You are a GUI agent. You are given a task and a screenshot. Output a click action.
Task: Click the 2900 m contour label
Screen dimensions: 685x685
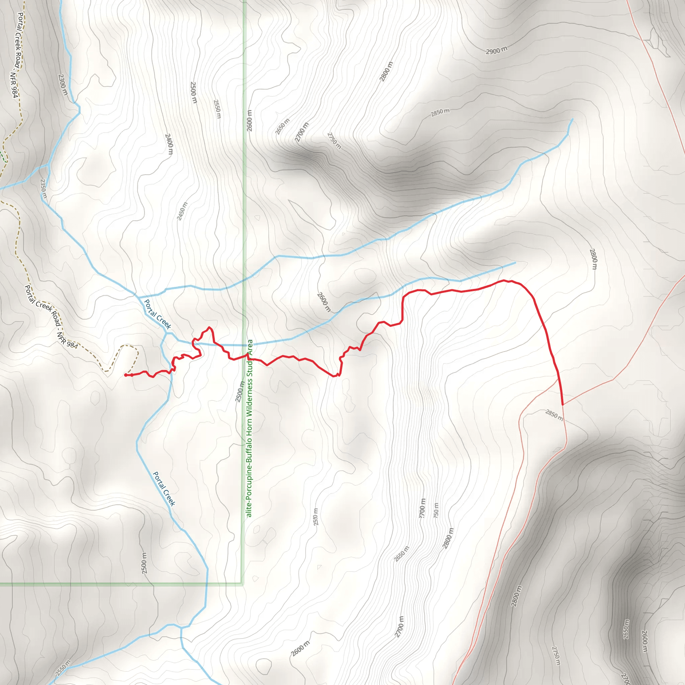click(496, 51)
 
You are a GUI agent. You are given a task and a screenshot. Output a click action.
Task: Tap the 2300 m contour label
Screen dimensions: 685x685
click(63, 84)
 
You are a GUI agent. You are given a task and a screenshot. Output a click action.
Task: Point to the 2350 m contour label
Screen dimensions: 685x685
click(43, 189)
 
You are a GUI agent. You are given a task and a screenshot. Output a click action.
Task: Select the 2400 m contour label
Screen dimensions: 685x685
click(169, 144)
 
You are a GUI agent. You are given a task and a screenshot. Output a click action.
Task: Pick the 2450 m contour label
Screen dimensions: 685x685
click(182, 211)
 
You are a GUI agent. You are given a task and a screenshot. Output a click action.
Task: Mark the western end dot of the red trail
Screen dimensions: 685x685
click(125, 375)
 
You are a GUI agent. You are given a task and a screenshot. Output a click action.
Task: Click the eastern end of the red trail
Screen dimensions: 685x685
click(563, 404)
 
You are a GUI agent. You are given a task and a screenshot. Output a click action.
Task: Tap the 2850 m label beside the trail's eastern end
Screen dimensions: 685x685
click(554, 415)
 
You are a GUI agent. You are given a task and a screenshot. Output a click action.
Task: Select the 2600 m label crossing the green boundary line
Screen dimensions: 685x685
click(250, 120)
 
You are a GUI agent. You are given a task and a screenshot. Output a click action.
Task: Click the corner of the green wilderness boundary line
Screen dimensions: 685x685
click(242, 583)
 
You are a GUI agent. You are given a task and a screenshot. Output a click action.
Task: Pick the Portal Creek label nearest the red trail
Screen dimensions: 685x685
click(158, 314)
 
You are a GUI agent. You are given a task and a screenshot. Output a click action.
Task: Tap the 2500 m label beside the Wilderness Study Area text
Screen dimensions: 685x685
click(240, 392)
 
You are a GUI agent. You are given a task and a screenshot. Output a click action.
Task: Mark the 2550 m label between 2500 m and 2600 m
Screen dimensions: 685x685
click(217, 109)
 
